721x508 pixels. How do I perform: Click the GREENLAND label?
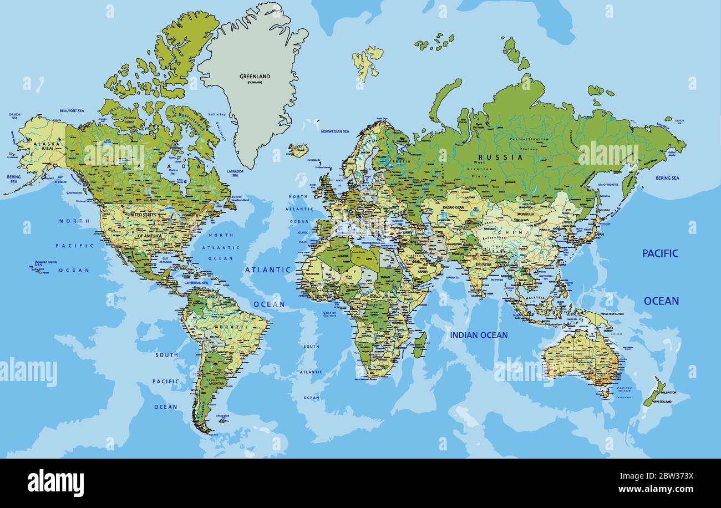point(255,76)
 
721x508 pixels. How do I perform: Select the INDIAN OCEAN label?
point(478,335)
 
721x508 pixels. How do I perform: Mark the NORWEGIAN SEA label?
point(335,131)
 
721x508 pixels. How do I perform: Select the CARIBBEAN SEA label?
point(197,283)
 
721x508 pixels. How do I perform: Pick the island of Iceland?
point(298,150)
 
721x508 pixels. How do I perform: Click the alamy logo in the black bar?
point(55,481)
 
